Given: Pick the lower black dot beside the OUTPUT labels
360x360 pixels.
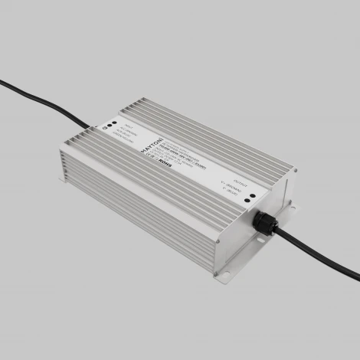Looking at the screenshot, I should coord(250,203).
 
